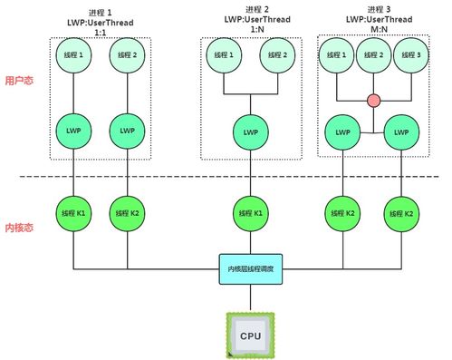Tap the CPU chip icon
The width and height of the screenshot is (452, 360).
(x=251, y=334)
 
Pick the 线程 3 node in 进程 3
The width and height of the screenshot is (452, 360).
(x=409, y=55)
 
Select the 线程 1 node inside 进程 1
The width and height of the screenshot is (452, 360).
(x=73, y=55)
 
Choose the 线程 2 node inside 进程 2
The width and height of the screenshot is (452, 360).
(x=278, y=55)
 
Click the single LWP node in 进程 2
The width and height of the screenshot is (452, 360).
(x=251, y=131)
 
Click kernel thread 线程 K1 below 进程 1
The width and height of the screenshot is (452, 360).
(x=73, y=214)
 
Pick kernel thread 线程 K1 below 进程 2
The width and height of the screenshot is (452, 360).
(x=251, y=214)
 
